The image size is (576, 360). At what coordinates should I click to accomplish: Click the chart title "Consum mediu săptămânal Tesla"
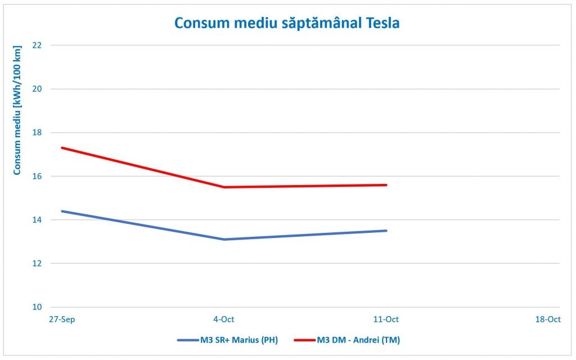tap(287, 23)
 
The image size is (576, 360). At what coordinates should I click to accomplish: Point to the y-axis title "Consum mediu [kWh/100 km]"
tap(17, 110)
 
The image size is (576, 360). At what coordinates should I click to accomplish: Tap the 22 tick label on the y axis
tap(38, 45)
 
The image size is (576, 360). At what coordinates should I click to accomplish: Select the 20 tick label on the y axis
tap(38, 89)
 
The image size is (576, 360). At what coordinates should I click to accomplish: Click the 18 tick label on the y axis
tap(38, 133)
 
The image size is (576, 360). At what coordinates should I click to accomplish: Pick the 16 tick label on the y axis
tap(38, 176)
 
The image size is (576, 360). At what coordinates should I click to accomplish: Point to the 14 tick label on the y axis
tap(38, 220)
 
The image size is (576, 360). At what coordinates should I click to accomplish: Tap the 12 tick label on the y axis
tap(38, 263)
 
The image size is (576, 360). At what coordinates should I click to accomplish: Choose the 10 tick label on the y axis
tap(38, 307)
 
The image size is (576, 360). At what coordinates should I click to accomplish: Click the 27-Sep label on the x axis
tap(62, 319)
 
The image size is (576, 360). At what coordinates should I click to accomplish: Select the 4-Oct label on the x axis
tap(224, 319)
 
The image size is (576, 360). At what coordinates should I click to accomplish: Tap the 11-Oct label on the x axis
tap(386, 319)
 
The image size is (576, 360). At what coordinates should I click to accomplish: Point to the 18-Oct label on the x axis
tap(548, 319)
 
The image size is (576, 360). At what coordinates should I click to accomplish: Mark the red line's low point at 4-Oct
tap(224, 187)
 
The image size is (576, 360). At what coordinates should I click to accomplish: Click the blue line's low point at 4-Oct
tap(224, 240)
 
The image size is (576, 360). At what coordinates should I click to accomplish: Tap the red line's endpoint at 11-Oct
tap(386, 184)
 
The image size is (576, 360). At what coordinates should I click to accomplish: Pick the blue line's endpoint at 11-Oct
tap(386, 231)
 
